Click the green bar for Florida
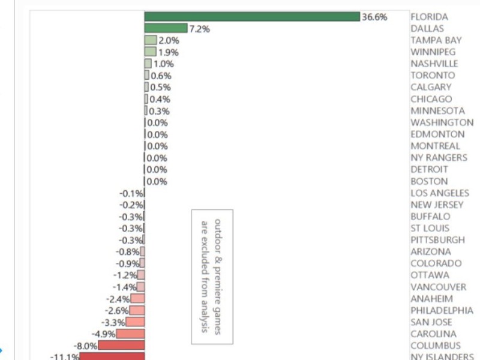pyautogui.click(x=252, y=16)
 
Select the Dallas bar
pyautogui.click(x=166, y=28)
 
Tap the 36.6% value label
pyautogui.click(x=374, y=17)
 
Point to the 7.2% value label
pyautogui.click(x=199, y=29)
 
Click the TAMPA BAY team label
pyautogui.click(x=436, y=40)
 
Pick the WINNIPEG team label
pyautogui.click(x=433, y=52)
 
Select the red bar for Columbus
pyautogui.click(x=122, y=346)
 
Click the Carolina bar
pyautogui.click(x=131, y=334)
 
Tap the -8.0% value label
pyautogui.click(x=85, y=346)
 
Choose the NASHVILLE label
pyautogui.click(x=434, y=64)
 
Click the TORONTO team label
pyautogui.click(x=433, y=76)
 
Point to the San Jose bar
pyautogui.click(x=135, y=322)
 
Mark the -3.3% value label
pyautogui.click(x=114, y=323)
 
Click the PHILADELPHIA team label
pyautogui.click(x=442, y=311)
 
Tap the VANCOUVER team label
pyautogui.click(x=438, y=287)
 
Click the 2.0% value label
pyautogui.click(x=169, y=40)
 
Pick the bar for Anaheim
pyautogui.click(x=137, y=299)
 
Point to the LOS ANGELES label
pyautogui.click(x=440, y=193)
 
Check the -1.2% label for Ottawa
pyautogui.click(x=125, y=275)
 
